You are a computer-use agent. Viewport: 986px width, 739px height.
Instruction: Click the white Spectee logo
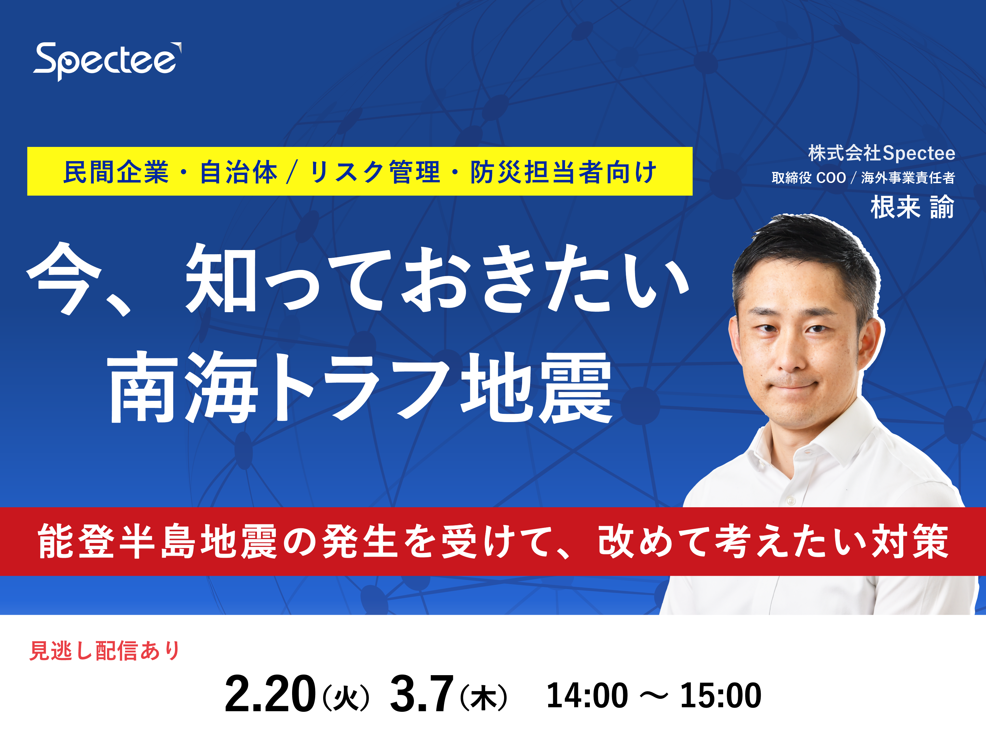(x=107, y=61)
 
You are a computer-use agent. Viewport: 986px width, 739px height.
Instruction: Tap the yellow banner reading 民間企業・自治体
(x=360, y=171)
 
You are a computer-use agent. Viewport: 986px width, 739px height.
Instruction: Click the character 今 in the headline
(x=64, y=278)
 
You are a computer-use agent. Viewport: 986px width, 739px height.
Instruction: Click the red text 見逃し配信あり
(x=105, y=650)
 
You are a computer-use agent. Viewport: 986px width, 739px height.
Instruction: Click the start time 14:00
(x=587, y=695)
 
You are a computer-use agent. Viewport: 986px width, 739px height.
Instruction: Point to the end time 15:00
(x=720, y=695)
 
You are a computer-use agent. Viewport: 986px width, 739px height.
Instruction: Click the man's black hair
(x=807, y=249)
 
